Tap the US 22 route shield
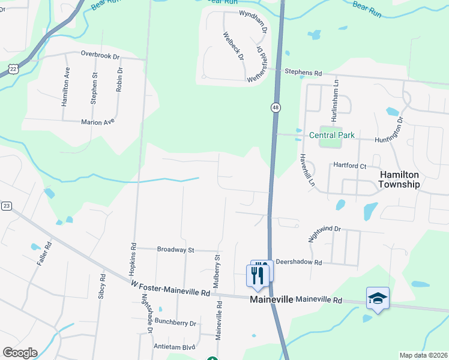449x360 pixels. tap(13, 69)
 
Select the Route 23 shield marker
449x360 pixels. tap(7, 206)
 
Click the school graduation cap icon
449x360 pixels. tap(378, 298)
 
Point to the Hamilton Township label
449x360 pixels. tap(399, 179)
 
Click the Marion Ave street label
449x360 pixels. tap(97, 122)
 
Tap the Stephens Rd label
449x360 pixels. tap(303, 73)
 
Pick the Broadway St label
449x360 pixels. tap(175, 249)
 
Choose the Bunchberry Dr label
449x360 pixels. tap(175, 323)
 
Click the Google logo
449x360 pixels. tap(20, 353)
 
